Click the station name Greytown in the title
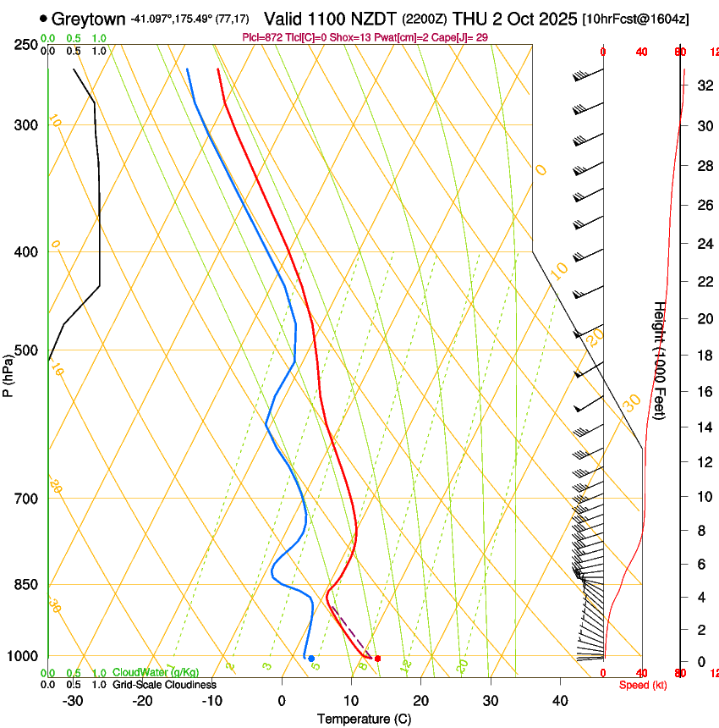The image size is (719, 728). pos(89,19)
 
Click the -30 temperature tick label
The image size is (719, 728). pos(73,701)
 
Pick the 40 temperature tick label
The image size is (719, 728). pos(559,701)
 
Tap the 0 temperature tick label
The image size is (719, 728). pos(282,701)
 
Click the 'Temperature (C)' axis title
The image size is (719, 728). pos(364,719)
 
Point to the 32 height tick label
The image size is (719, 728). pos(703,85)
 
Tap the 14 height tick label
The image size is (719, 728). pos(703,427)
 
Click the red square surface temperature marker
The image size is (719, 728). pos(377,659)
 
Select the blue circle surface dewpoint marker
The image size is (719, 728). pos(311,659)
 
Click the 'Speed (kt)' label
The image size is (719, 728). pos(642,685)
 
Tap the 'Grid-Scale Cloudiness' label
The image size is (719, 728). pos(164,685)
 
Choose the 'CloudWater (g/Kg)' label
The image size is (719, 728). pos(156,672)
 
